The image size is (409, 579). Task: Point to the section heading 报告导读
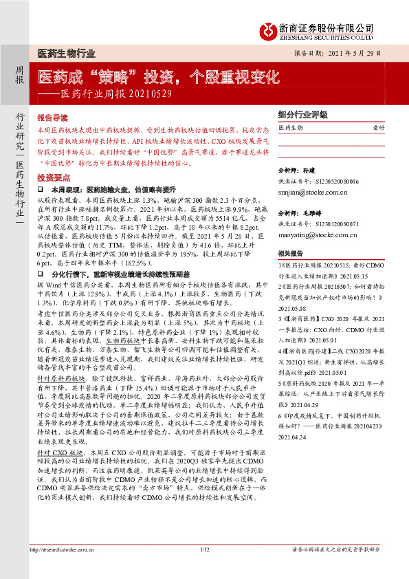pyautogui.click(x=52, y=118)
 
